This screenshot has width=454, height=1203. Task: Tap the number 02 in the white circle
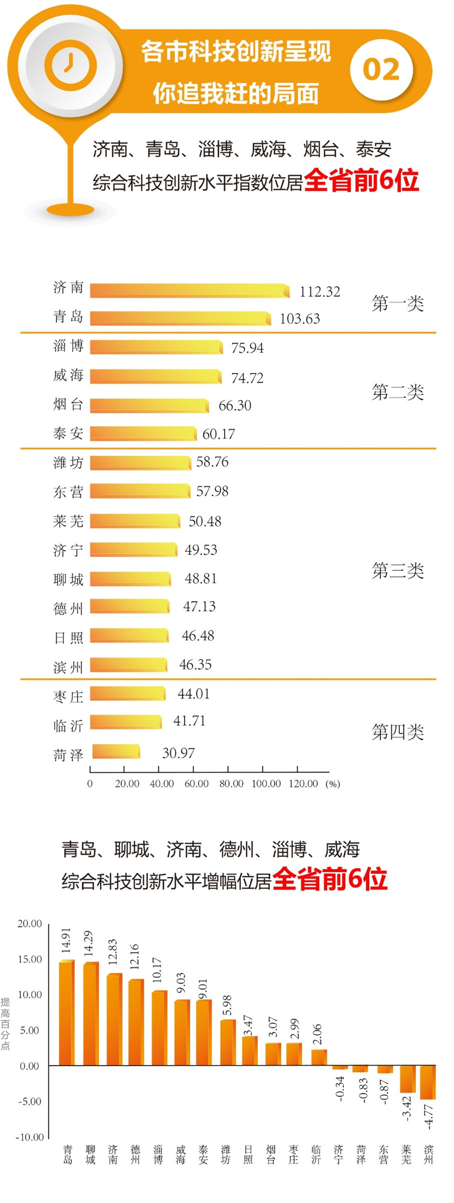click(x=381, y=69)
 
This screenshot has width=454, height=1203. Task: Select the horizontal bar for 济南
click(x=189, y=290)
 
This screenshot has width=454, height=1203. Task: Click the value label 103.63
click(x=299, y=318)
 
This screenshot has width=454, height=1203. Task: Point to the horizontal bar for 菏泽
click(x=116, y=751)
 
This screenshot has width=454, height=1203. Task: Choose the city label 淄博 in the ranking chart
click(x=68, y=346)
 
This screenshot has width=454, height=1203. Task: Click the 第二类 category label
click(x=397, y=392)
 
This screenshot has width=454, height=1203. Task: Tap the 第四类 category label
click(x=397, y=732)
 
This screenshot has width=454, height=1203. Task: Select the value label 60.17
click(x=219, y=434)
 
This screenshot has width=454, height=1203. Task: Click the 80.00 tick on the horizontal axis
click(x=231, y=783)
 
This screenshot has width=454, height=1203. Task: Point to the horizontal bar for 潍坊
click(x=140, y=462)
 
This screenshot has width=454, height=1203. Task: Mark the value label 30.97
click(x=178, y=753)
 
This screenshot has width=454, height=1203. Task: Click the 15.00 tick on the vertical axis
click(x=30, y=959)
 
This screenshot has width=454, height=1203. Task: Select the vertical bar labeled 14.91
click(x=67, y=1012)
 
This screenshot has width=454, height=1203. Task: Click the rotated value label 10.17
click(x=157, y=970)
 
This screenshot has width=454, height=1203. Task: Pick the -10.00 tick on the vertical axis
click(x=30, y=1137)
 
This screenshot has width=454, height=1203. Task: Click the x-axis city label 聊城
click(x=91, y=1155)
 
